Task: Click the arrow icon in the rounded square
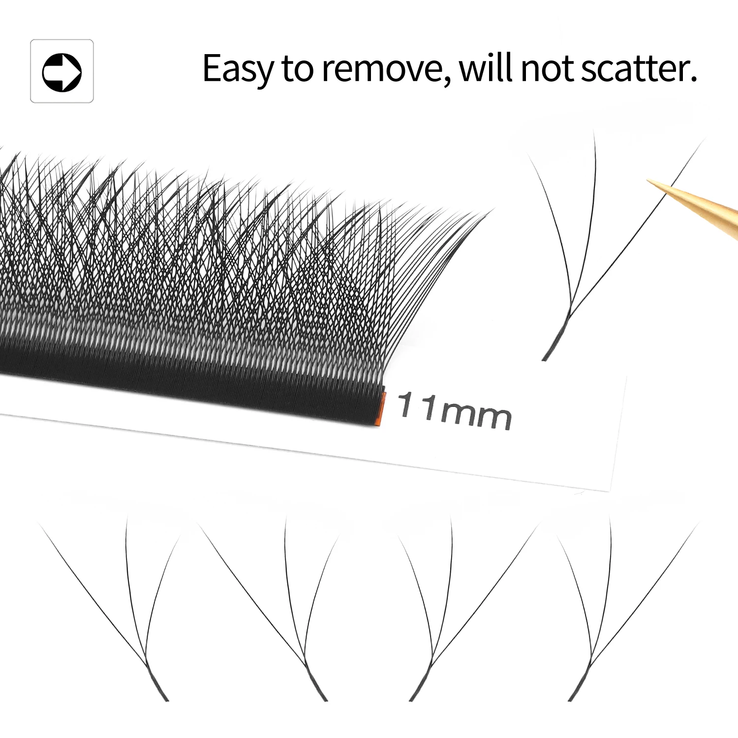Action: [62, 72]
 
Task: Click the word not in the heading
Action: [547, 69]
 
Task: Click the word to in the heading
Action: [297, 69]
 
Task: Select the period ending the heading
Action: [693, 79]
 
